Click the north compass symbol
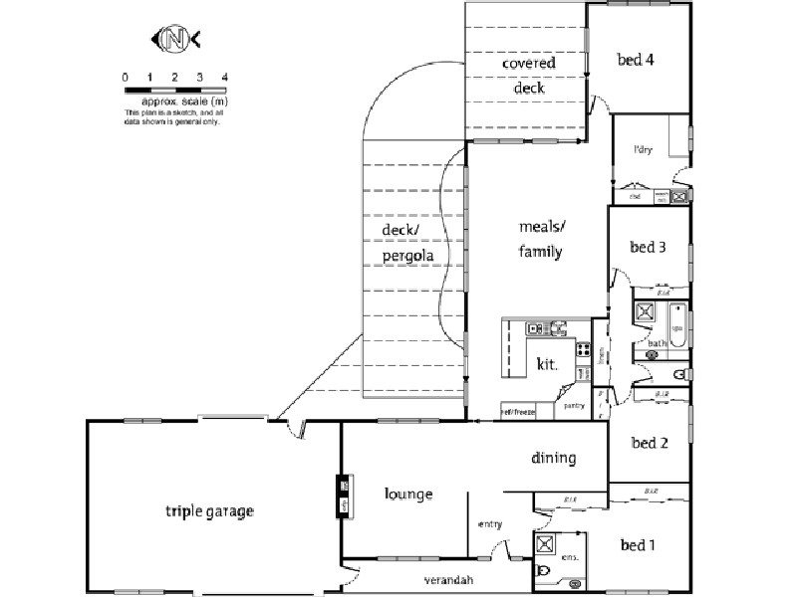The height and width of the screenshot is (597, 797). point(176,39)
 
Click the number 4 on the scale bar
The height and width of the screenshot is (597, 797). point(225,78)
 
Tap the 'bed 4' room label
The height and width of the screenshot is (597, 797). point(636,60)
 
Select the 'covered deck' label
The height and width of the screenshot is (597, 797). point(528,76)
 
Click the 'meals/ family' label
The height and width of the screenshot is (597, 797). point(540,239)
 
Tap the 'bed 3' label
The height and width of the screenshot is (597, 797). point(648,247)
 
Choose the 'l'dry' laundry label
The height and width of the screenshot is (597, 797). point(643,150)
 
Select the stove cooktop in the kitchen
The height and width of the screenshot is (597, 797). point(582,349)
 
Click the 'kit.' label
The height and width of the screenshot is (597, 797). point(547,365)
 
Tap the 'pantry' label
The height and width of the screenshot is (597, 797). point(574,406)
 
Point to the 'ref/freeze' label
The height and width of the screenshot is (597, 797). point(518,411)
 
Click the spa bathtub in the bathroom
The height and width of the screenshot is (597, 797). point(676,327)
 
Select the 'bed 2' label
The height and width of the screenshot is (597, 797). point(650,443)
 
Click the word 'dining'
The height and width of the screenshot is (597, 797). point(553,458)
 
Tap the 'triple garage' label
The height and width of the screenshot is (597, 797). point(209,511)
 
